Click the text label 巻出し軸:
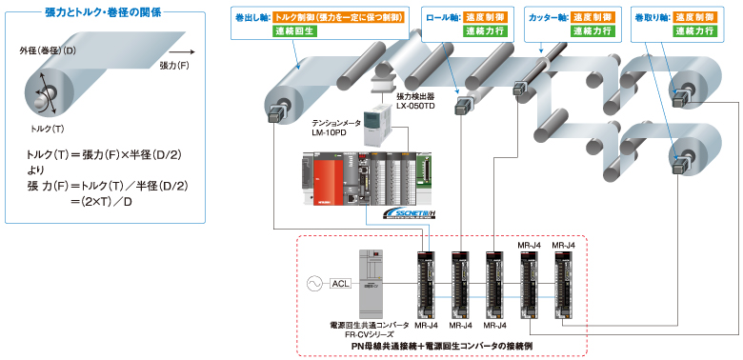(x=251, y=17)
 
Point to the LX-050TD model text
(x=416, y=105)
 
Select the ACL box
(x=342, y=283)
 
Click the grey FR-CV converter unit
(x=370, y=283)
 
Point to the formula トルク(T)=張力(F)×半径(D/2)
(x=102, y=153)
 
